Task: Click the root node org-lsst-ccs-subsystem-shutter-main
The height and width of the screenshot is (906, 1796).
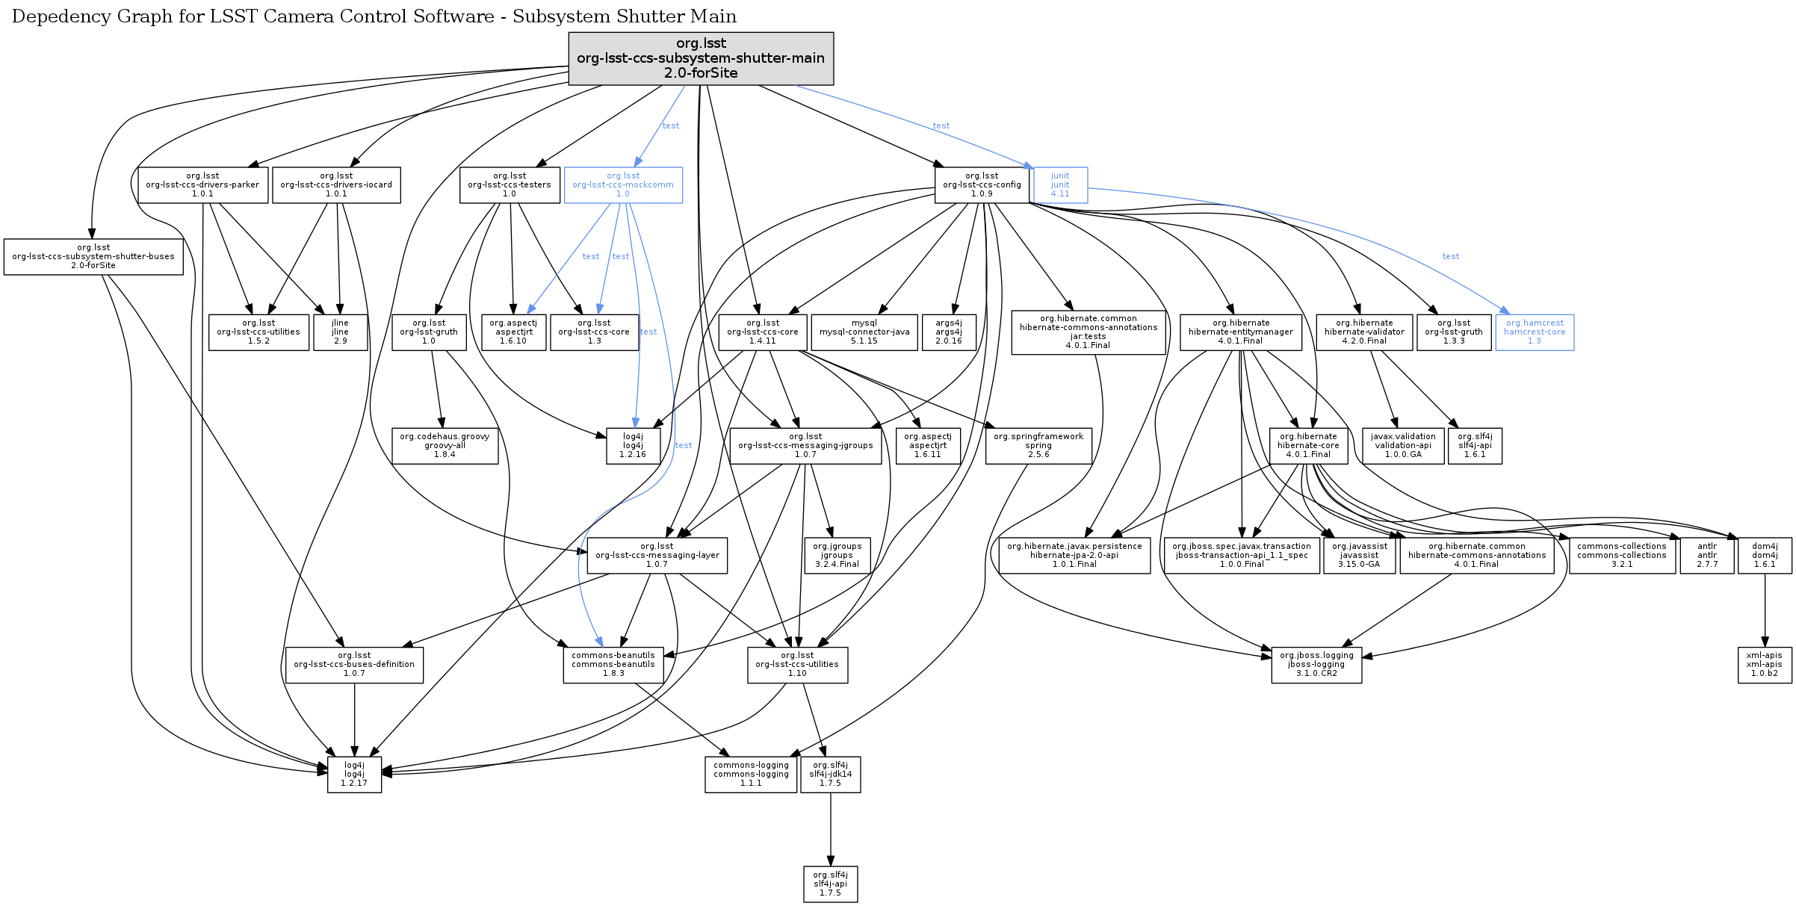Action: point(701,58)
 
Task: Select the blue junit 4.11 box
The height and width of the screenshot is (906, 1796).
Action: point(1060,184)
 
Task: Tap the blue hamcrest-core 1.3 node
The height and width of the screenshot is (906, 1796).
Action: point(1535,332)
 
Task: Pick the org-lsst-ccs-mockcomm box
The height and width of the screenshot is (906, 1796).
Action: point(623,184)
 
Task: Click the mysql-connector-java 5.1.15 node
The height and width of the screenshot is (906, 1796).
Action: point(864,332)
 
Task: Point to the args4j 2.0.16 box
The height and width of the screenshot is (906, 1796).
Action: point(949,332)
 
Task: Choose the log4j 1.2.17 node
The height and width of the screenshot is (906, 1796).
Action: point(354,775)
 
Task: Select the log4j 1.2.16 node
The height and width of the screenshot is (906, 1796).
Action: point(633,446)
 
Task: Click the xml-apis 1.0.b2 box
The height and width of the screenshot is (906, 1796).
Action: point(1765,665)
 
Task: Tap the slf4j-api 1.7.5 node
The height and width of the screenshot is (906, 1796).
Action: point(830,884)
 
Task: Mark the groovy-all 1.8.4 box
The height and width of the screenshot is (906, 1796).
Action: point(445,446)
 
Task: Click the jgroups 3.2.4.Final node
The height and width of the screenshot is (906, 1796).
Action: point(837,556)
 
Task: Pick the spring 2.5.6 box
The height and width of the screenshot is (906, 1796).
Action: point(1038,446)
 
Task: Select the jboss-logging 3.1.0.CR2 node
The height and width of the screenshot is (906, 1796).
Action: point(1316,665)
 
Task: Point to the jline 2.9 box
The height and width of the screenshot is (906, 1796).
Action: point(340,332)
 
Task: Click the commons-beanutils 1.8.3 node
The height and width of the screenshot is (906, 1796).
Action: point(613,665)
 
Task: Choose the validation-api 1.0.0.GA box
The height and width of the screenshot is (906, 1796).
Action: point(1403,446)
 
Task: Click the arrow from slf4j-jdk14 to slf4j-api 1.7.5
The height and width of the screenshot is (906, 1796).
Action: point(830,829)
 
